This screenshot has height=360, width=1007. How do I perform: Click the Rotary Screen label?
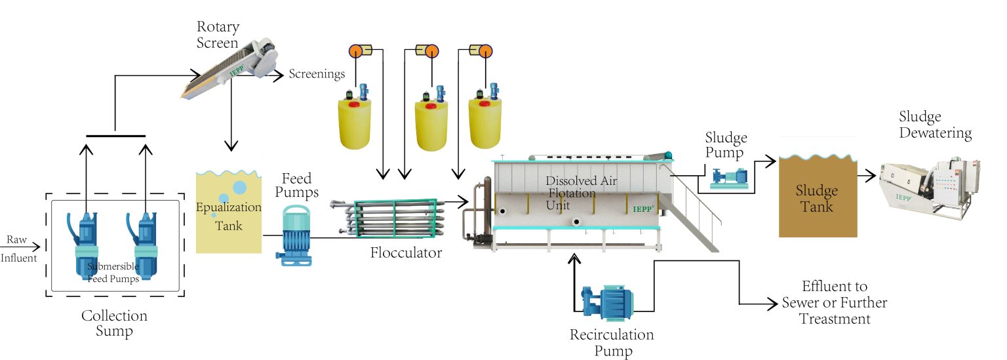click(218, 35)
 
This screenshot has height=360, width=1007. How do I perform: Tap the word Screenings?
click(317, 74)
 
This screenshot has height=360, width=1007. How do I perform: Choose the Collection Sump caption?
click(114, 323)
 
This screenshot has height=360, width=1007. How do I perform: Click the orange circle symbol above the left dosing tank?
click(355, 50)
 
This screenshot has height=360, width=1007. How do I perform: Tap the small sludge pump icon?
click(730, 176)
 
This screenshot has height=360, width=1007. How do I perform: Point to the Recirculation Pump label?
click(612, 343)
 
